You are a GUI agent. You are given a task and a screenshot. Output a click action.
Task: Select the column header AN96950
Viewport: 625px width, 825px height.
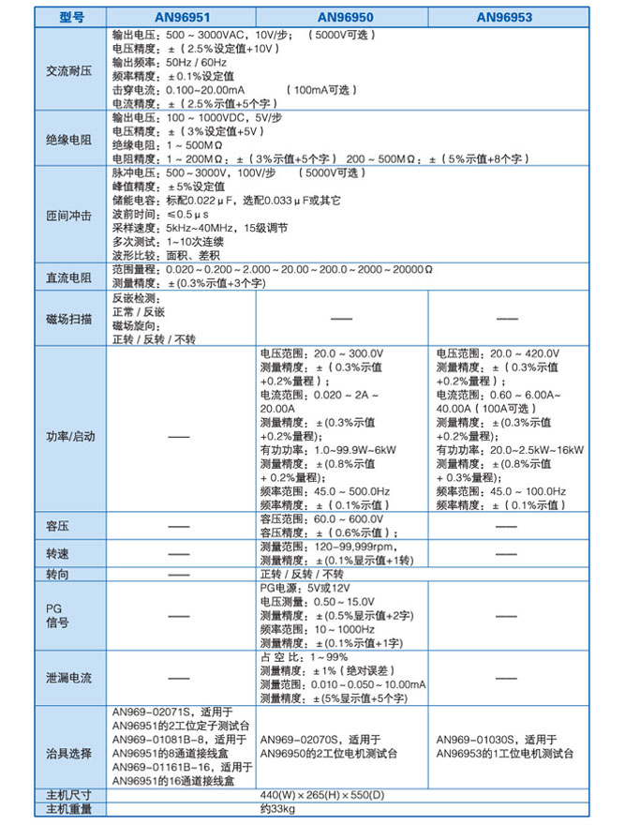342,17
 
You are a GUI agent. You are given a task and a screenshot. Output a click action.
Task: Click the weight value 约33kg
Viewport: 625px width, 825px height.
277,808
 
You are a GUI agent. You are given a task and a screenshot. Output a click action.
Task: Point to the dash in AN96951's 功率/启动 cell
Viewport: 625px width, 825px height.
179,437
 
